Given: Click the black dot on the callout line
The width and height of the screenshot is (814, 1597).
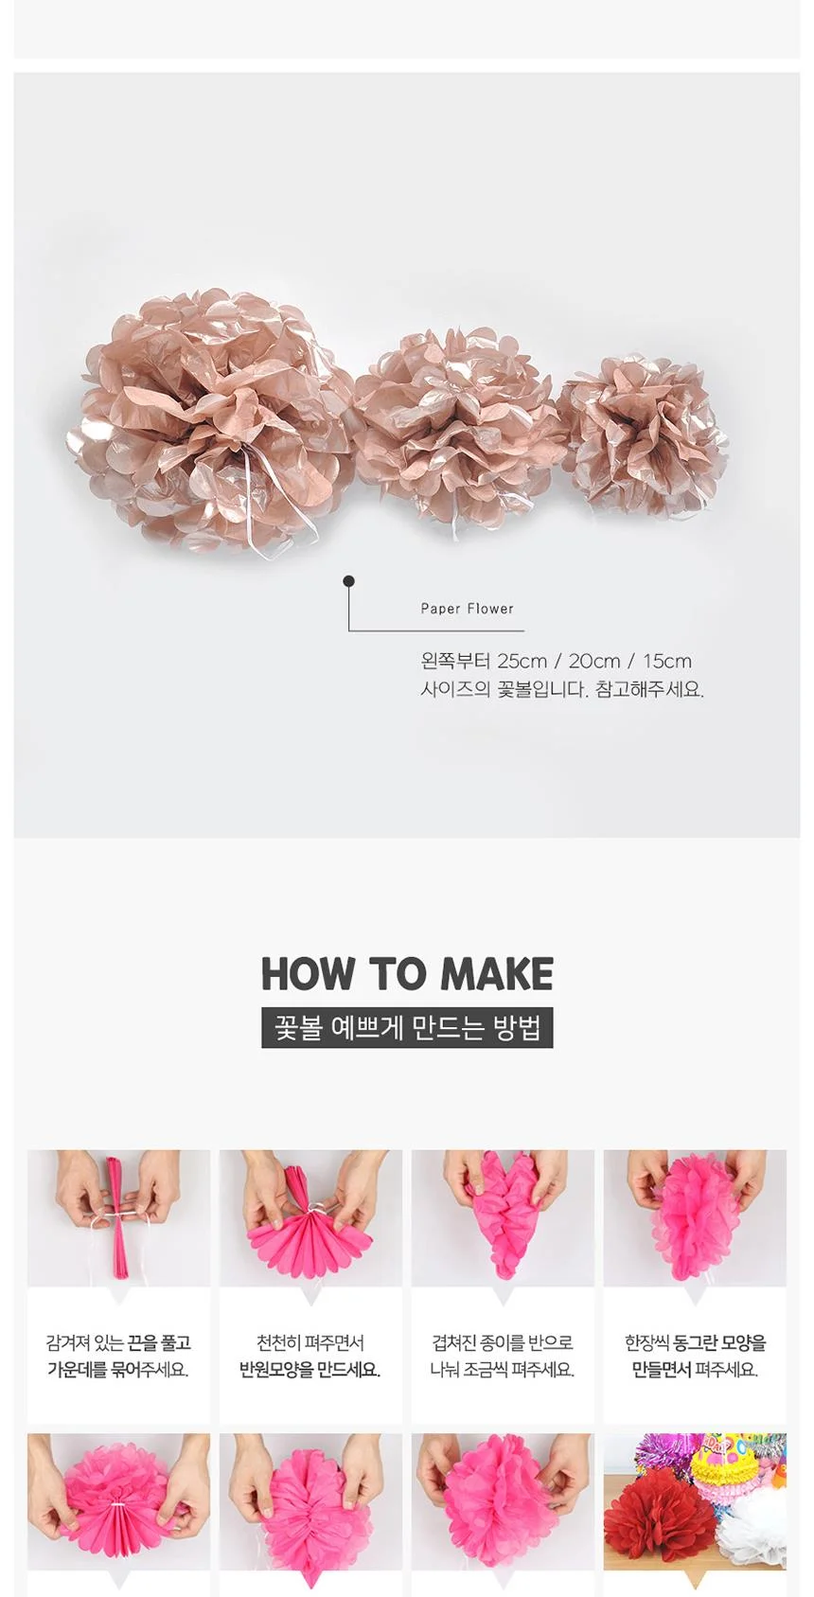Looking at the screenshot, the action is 348,581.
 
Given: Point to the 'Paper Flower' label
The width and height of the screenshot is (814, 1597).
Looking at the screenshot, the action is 467,609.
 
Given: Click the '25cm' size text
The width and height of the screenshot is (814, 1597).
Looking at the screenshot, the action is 522,661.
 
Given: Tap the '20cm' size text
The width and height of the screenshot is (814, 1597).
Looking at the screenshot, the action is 594,661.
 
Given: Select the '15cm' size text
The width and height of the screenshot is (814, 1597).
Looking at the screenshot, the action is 666,661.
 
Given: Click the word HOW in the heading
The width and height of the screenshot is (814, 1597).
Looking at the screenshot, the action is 307,973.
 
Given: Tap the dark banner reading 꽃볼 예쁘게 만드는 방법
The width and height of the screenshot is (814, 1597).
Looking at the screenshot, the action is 407,1028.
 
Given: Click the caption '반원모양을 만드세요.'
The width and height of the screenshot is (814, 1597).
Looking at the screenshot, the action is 310,1370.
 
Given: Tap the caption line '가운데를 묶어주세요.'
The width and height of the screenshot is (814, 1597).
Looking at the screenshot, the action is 118,1370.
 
